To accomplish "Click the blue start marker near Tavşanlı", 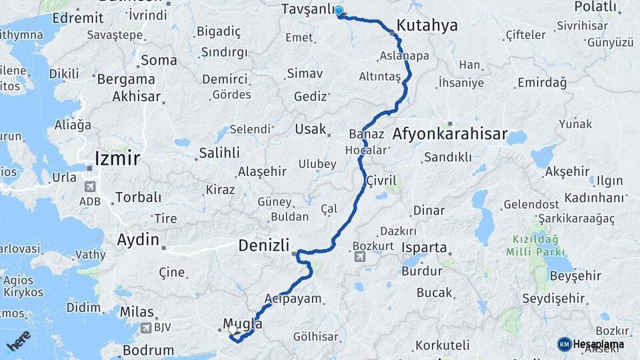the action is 339,11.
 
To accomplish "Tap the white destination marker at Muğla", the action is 233,329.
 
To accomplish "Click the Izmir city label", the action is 117,159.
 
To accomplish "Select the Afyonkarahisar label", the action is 450,134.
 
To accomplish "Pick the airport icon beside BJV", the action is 146,327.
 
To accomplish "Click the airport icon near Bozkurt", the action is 360,257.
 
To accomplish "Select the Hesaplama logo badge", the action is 564,343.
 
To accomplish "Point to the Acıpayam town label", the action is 293,299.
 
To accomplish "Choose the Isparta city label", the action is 425,247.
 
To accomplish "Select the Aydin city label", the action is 138,239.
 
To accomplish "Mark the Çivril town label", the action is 381,181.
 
